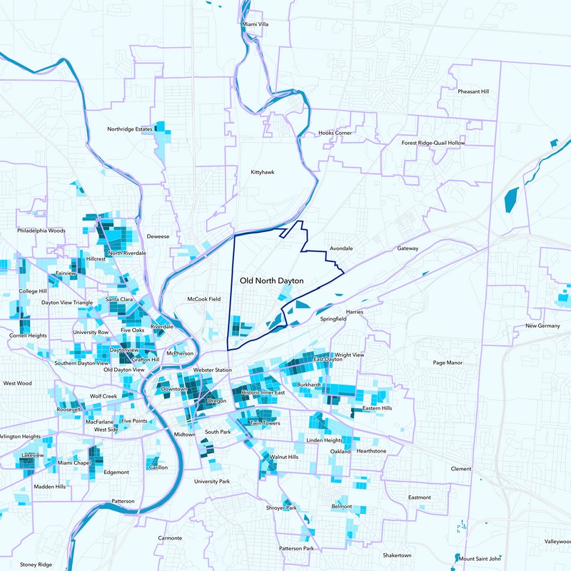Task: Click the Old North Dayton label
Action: pos(272,281)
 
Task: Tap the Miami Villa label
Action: pos(256,24)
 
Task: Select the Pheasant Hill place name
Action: pos(473,92)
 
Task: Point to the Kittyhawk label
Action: pos(262,173)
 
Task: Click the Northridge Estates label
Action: pos(130,129)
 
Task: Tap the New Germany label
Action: pos(542,326)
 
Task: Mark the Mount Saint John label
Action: pos(480,559)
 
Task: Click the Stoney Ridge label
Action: pos(36,565)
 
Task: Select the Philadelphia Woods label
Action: pos(41,231)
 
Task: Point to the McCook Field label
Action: pos(203,299)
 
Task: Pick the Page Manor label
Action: pos(448,363)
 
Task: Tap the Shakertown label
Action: pos(397,555)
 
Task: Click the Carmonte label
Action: pos(170,537)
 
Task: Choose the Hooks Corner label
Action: pos(335,133)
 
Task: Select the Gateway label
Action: pos(408,249)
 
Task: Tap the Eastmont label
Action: pos(419,497)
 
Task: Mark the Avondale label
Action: pos(341,248)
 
